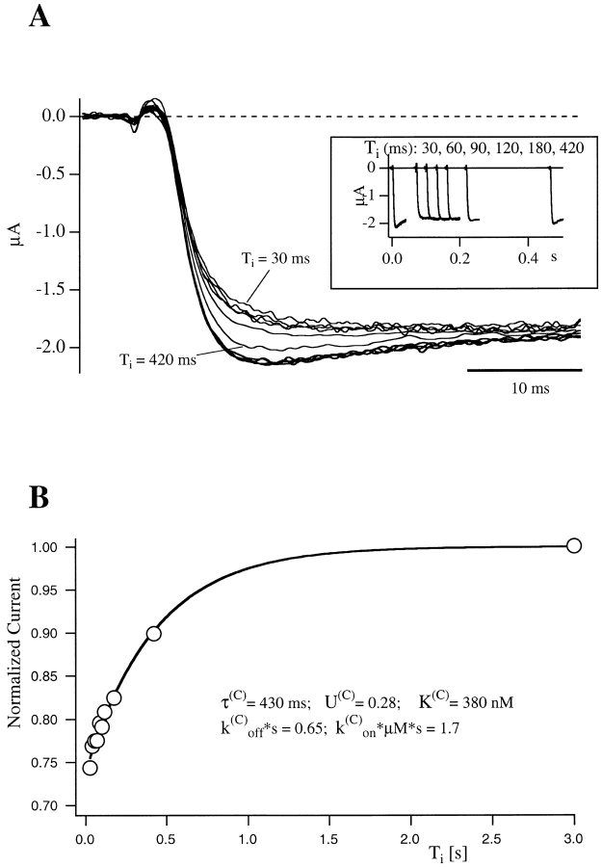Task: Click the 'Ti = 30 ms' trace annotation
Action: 276,258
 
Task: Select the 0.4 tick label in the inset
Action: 486,260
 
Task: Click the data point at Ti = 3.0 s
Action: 574,545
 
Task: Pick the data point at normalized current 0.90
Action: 153,633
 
